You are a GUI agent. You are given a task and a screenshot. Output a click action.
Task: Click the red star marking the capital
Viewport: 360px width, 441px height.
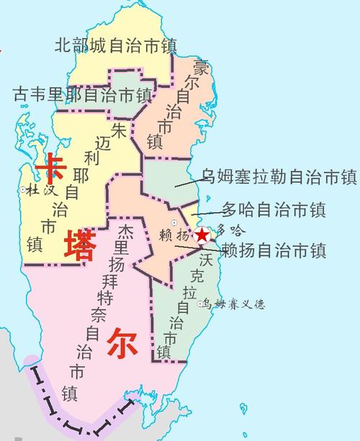203,235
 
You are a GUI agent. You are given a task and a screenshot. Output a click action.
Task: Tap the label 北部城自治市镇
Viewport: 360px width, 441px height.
116,45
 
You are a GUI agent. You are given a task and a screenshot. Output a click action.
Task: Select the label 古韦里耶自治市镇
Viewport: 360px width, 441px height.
82,95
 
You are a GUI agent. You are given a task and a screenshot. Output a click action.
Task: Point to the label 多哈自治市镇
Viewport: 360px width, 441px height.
273,210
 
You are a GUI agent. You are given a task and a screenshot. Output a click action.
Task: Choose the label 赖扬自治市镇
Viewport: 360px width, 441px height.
273,250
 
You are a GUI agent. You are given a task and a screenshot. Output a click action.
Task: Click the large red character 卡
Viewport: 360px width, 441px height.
52,168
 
